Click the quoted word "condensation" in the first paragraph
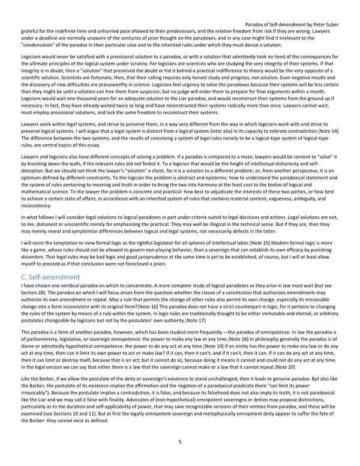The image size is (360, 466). [x=42, y=44]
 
